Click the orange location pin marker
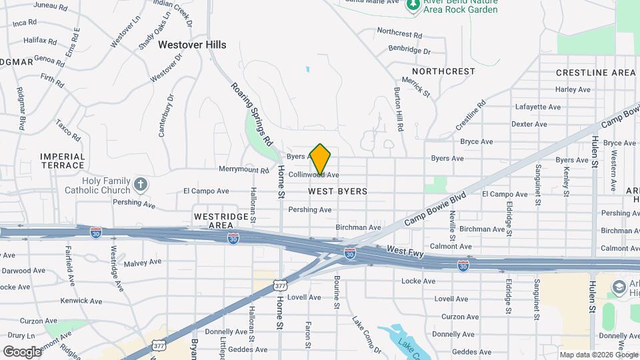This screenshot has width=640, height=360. [x=321, y=159]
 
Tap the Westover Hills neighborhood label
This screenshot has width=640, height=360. [x=192, y=45]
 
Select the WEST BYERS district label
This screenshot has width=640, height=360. [x=337, y=191]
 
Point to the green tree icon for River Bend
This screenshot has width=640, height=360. [x=413, y=5]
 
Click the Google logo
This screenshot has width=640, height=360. [x=21, y=351]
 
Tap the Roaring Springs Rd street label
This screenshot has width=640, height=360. [x=253, y=114]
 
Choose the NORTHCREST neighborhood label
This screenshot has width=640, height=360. [x=443, y=71]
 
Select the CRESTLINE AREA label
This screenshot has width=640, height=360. [x=595, y=72]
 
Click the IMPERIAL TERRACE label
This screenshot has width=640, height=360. [x=62, y=161]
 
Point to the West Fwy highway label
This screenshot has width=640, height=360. [x=405, y=250]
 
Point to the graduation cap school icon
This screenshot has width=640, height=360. [x=618, y=287]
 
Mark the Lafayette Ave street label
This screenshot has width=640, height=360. [x=536, y=107]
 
